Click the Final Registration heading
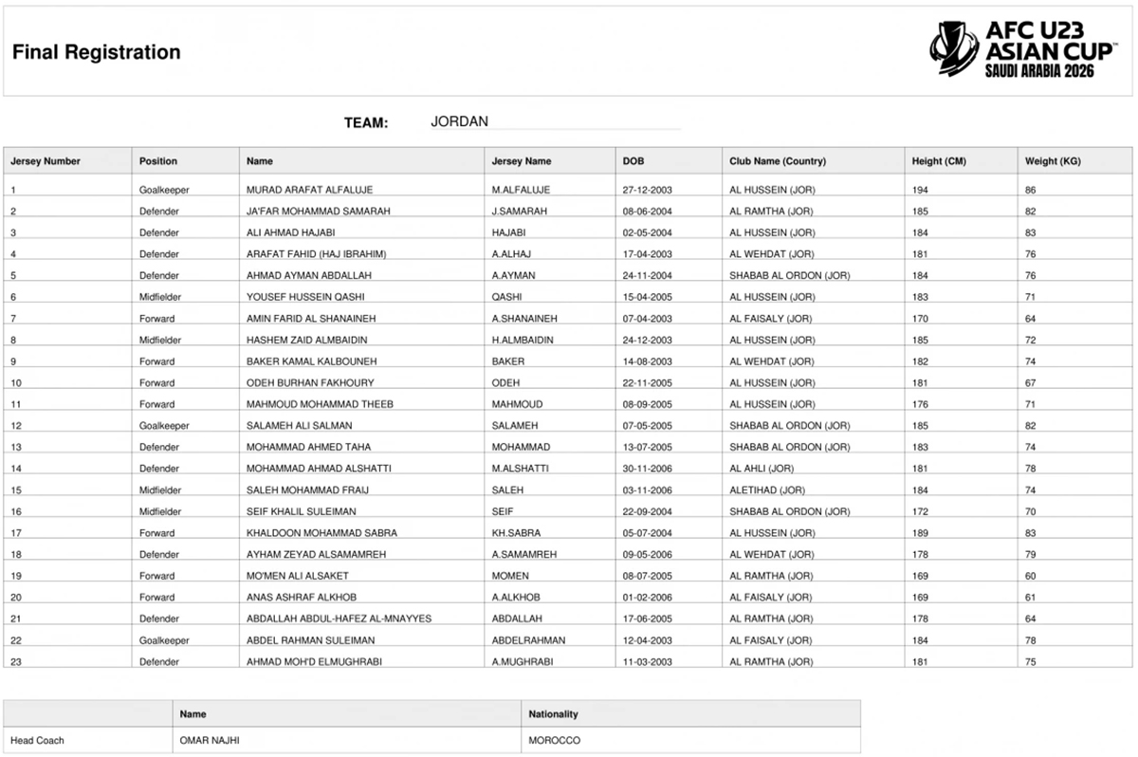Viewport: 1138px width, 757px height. pos(97,52)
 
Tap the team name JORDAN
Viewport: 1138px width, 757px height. pos(459,121)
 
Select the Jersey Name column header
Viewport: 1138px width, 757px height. pos(521,161)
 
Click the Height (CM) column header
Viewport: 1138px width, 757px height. pos(939,161)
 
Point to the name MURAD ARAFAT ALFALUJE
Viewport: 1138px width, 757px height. pos(311,190)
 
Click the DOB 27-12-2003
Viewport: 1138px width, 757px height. pos(648,190)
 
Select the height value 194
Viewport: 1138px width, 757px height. pos(921,190)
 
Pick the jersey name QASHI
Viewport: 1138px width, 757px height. pos(508,297)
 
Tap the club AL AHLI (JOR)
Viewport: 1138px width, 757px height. pos(762,469)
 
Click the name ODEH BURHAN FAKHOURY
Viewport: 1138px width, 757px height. pos(310,382)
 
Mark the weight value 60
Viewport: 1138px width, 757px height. pos(1031,576)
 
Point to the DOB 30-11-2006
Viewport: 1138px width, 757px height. pos(648,469)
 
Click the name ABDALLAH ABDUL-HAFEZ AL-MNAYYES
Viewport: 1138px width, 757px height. pos(339,619)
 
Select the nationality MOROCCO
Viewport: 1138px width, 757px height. pos(554,740)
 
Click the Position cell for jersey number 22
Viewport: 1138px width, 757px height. pos(164,640)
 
